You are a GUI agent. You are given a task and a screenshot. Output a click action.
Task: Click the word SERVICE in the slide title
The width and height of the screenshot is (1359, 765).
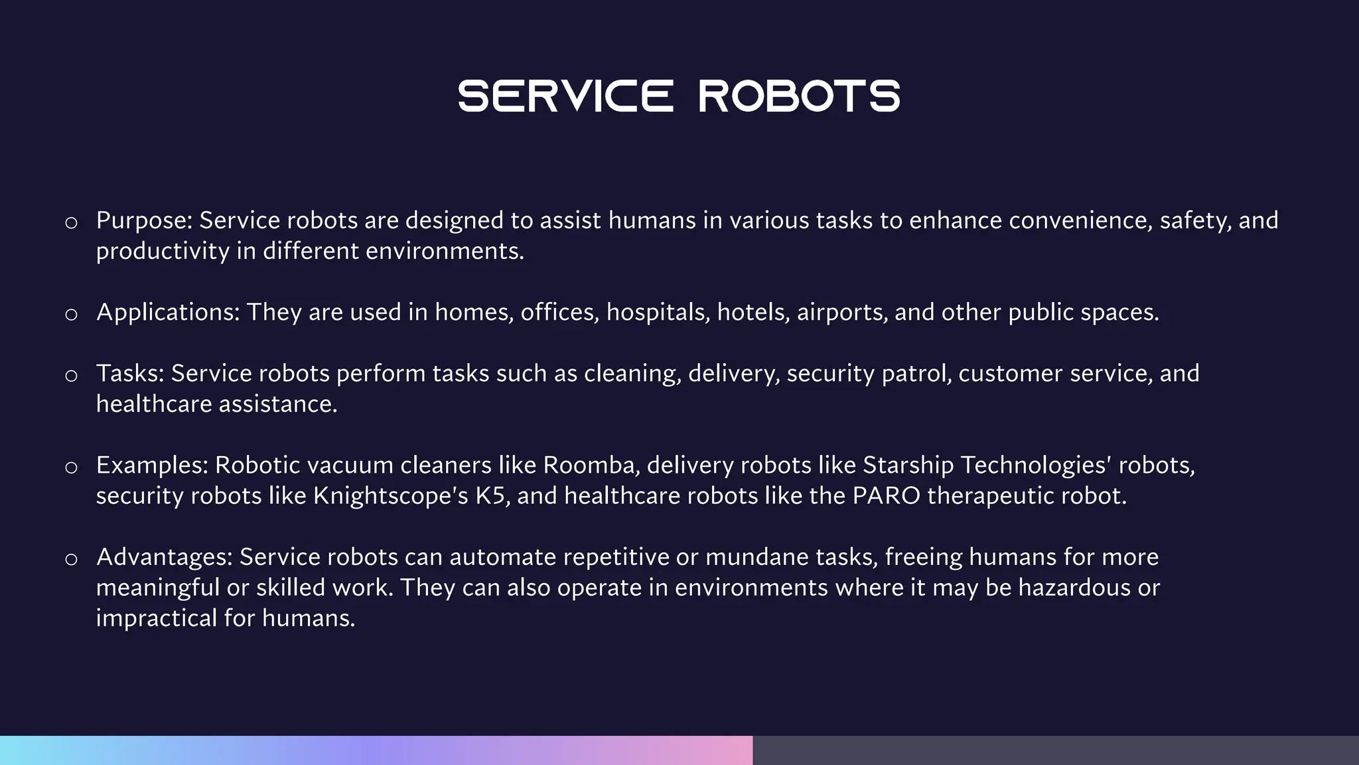pyautogui.click(x=565, y=96)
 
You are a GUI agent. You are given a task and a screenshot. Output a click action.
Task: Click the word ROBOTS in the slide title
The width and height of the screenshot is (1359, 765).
pyautogui.click(x=800, y=96)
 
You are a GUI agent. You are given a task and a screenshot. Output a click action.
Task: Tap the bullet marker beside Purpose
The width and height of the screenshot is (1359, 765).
pyautogui.click(x=71, y=222)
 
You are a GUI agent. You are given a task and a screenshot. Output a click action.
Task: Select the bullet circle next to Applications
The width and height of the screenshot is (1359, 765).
pyautogui.click(x=71, y=314)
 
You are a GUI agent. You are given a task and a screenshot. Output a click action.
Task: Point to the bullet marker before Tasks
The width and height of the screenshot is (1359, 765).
pyautogui.click(x=71, y=375)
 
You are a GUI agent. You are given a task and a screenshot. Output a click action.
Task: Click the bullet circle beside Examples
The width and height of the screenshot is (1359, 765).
pyautogui.click(x=71, y=467)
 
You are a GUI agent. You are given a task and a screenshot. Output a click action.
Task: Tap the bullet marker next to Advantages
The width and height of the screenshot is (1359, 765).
pyautogui.click(x=71, y=558)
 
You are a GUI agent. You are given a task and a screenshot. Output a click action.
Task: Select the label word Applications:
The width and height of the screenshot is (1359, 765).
pyautogui.click(x=168, y=312)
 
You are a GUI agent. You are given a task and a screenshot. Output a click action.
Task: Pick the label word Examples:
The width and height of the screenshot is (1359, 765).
pyautogui.click(x=152, y=465)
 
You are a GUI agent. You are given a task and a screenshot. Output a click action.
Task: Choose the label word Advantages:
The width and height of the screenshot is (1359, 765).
pyautogui.click(x=165, y=556)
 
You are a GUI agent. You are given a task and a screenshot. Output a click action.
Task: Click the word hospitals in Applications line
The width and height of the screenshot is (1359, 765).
pyautogui.click(x=658, y=312)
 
